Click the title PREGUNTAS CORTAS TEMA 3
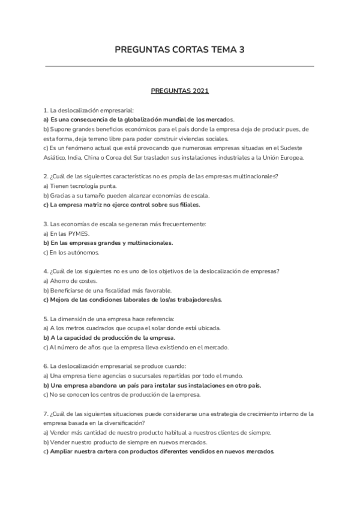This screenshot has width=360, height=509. (x=179, y=50)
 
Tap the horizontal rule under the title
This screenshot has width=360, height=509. (x=179, y=67)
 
